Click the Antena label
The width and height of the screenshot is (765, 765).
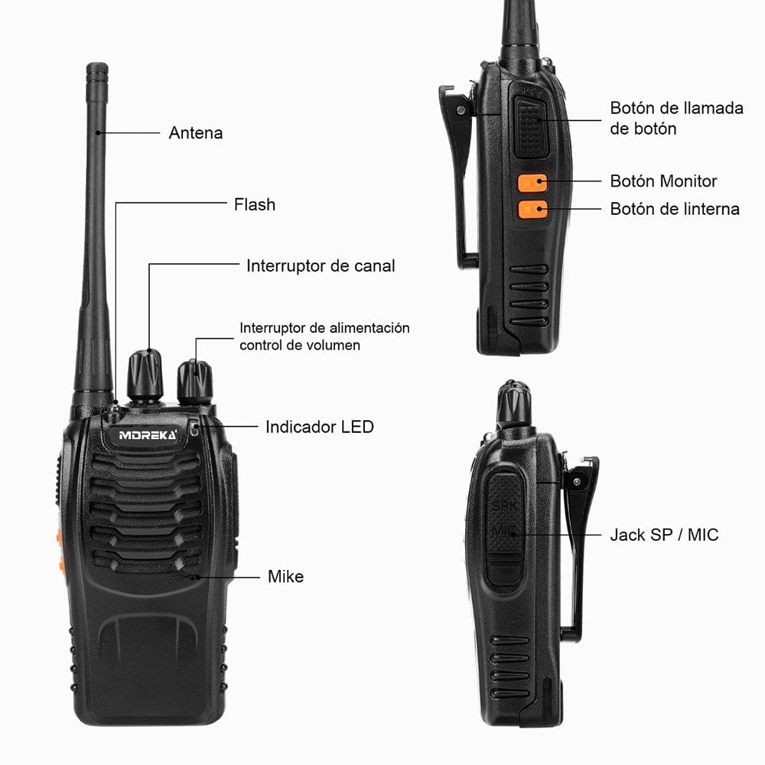click(x=196, y=133)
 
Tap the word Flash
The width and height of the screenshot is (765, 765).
click(x=254, y=205)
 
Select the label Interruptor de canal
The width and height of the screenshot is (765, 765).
click(x=321, y=266)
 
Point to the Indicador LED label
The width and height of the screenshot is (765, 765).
click(x=319, y=427)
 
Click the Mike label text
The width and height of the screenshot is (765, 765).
click(x=285, y=577)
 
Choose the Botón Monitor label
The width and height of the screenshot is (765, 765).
click(x=663, y=181)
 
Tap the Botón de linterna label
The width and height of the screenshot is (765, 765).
click(x=675, y=209)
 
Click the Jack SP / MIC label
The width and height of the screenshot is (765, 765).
click(x=664, y=535)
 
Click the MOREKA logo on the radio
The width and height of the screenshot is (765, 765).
click(x=148, y=435)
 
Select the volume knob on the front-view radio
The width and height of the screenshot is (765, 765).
click(x=195, y=380)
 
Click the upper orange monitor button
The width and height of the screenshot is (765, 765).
click(x=532, y=184)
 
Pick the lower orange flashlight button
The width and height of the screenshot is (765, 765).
click(x=532, y=209)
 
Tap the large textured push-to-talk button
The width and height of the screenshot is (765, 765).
click(x=530, y=126)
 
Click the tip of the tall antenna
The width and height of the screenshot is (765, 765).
click(x=97, y=70)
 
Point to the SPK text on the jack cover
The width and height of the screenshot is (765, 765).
click(x=504, y=506)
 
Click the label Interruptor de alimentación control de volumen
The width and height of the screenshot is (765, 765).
click(x=324, y=337)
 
